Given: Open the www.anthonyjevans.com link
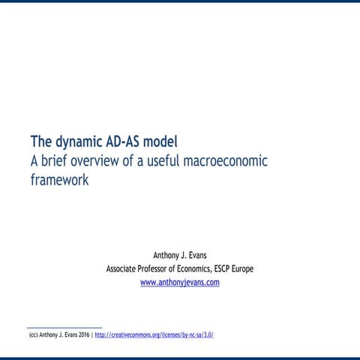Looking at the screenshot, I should tap(180, 283).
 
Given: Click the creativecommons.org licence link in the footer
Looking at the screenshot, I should tap(154, 334).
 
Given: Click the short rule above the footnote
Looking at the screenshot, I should tap(64, 328).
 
